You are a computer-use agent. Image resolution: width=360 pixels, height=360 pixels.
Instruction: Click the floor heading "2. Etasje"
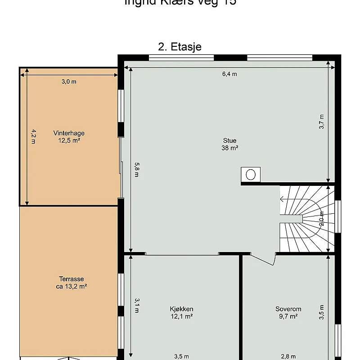coord(180,47)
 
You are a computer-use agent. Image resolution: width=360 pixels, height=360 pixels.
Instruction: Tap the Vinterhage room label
coord(69,133)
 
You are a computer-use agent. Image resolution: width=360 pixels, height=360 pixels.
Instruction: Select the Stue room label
coord(229,140)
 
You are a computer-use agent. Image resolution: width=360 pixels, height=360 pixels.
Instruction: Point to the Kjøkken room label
coord(182,309)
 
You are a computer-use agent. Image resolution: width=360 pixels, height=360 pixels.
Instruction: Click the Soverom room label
coord(288,309)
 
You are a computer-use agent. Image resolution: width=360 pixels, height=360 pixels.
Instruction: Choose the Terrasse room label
coord(72,279)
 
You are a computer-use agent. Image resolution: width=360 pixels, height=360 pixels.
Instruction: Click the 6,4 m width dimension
coord(229,74)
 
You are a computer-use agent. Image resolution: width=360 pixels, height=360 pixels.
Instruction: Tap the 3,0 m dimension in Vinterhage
coord(69,81)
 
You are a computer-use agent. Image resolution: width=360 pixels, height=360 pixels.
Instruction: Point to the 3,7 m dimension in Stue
coord(322,121)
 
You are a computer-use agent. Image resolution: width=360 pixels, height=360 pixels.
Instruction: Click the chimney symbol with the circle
coord(251,174)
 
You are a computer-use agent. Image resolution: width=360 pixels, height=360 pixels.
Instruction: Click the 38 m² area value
coord(229,148)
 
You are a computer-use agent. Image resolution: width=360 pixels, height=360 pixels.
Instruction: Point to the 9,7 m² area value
coord(288,316)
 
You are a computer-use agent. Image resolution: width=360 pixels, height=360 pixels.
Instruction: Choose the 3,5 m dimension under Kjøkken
coord(181,356)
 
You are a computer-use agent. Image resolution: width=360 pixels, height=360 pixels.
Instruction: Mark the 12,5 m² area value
coord(69,140)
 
